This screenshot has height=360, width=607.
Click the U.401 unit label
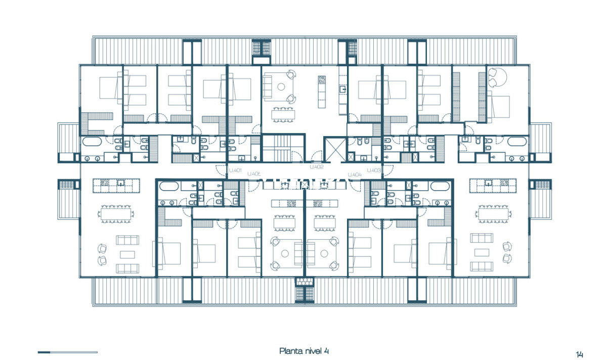coord(235,170)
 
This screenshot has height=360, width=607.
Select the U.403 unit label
coord(374,170)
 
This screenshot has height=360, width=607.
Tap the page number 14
coord(579,353)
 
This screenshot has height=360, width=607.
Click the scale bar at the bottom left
coord(67,352)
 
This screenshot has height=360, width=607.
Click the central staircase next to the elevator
coord(283,149)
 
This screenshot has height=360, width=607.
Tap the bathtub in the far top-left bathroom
coord(92,142)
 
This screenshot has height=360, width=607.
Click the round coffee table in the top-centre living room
coord(281,87)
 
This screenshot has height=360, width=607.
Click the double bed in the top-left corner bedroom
coord(107,87)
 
